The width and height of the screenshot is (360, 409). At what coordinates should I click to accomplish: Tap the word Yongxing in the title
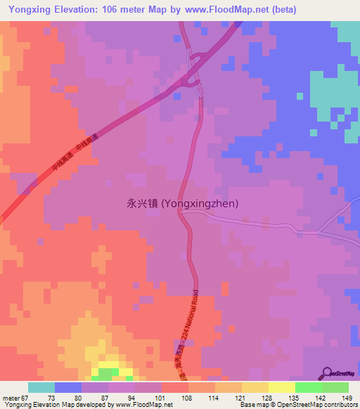(30, 10)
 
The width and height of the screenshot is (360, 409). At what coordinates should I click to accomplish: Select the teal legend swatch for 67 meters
(41, 387)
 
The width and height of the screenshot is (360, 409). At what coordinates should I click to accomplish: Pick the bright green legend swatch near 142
(308, 387)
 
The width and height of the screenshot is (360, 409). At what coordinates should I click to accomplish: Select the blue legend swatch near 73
(68, 387)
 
